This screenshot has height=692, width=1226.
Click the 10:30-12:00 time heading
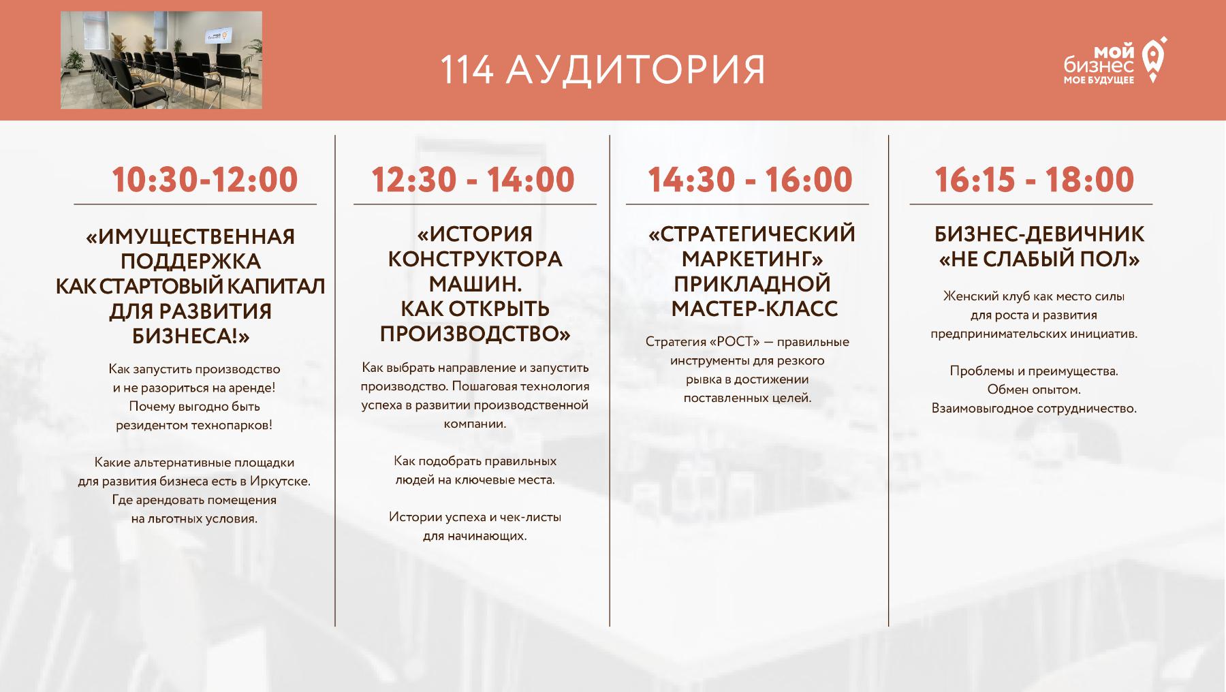coord(205,180)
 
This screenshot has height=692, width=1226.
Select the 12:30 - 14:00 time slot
coord(473,180)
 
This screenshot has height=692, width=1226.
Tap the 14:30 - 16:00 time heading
coord(750,180)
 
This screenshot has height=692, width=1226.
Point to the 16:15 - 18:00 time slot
coord(1035,180)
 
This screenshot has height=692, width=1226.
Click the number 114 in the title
coord(467,69)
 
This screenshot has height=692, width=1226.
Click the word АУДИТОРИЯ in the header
coord(637,69)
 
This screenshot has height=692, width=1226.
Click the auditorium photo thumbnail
coord(161,60)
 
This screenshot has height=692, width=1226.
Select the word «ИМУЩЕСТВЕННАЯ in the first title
coord(191,236)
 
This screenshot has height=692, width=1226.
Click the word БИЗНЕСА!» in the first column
coord(191,336)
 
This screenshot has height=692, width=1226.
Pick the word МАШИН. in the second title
coord(475,283)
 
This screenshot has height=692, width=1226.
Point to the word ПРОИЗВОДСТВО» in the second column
coord(475,334)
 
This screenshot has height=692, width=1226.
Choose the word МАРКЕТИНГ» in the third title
coord(753,259)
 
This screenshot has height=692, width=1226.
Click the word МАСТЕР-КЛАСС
coord(755,309)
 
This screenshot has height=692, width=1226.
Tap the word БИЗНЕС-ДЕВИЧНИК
coord(1039,234)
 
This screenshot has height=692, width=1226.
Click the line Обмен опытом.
coord(1034,390)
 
